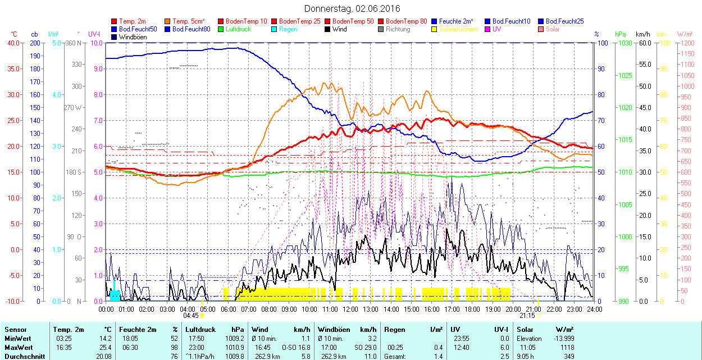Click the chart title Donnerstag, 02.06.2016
352,8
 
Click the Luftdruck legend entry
238,29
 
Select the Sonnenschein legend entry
458,29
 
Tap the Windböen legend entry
133,37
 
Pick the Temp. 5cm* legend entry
188,21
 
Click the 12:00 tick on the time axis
350,309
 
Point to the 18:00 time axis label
472,309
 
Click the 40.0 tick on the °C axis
12,43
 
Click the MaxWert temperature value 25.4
104,347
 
